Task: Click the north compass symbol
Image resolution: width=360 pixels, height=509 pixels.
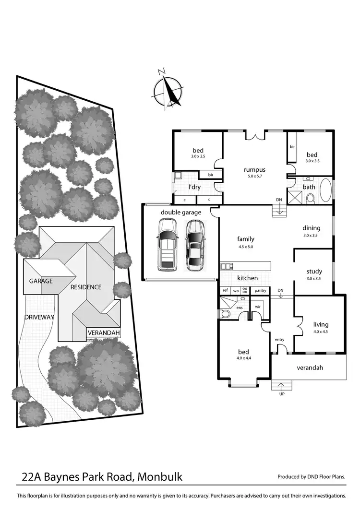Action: click(168, 90)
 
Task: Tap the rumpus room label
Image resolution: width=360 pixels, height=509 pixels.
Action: click(254, 169)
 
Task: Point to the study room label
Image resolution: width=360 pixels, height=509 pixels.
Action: click(314, 272)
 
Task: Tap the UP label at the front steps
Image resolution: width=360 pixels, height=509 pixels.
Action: click(282, 394)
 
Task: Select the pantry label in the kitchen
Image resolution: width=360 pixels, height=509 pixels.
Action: click(261, 291)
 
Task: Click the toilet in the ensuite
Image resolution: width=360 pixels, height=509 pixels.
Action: click(225, 314)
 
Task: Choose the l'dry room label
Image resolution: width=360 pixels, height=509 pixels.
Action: click(194, 187)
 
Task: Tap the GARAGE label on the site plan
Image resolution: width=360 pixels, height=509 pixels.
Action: click(40, 281)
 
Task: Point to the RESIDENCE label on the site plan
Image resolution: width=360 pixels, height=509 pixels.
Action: click(86, 287)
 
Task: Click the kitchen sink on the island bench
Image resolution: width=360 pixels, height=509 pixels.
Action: click(226, 266)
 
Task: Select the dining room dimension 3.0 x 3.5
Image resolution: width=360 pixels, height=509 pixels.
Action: click(312, 236)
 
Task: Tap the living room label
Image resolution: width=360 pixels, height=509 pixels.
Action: click(320, 324)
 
